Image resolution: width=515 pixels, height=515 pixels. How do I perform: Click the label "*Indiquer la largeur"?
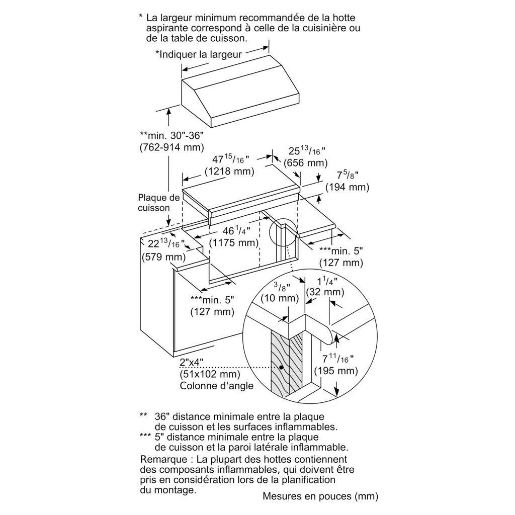click(199, 54)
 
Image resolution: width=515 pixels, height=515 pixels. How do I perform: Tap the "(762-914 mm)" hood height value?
click(171, 147)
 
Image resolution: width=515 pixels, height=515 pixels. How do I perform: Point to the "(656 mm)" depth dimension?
click(305, 163)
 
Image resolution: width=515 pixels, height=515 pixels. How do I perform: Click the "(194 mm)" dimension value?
click(347, 187)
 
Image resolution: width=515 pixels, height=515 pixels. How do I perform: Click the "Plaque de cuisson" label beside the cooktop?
click(158, 202)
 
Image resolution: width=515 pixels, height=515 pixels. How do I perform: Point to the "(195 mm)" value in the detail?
click(335, 371)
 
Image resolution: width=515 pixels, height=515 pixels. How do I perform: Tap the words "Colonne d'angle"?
click(217, 386)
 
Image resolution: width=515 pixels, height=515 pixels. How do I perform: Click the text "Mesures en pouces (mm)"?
click(320, 496)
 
